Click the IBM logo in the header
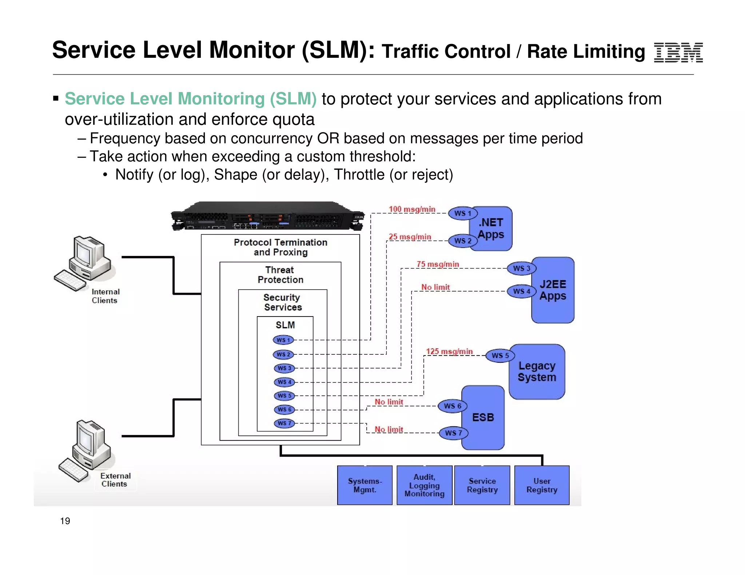point(678,53)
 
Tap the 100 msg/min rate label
point(412,209)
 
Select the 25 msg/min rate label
point(410,237)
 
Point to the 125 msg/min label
point(449,351)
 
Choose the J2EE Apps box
point(553,290)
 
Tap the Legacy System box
point(537,371)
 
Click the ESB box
point(483,417)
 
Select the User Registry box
point(542,485)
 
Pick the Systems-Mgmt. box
point(364,485)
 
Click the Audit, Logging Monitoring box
point(424,485)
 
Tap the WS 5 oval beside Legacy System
point(500,355)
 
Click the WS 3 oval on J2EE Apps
point(521,269)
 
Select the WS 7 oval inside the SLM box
point(284,423)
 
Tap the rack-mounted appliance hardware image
point(267,216)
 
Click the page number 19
point(65,521)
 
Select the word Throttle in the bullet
point(359,175)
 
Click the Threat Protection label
point(280,275)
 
